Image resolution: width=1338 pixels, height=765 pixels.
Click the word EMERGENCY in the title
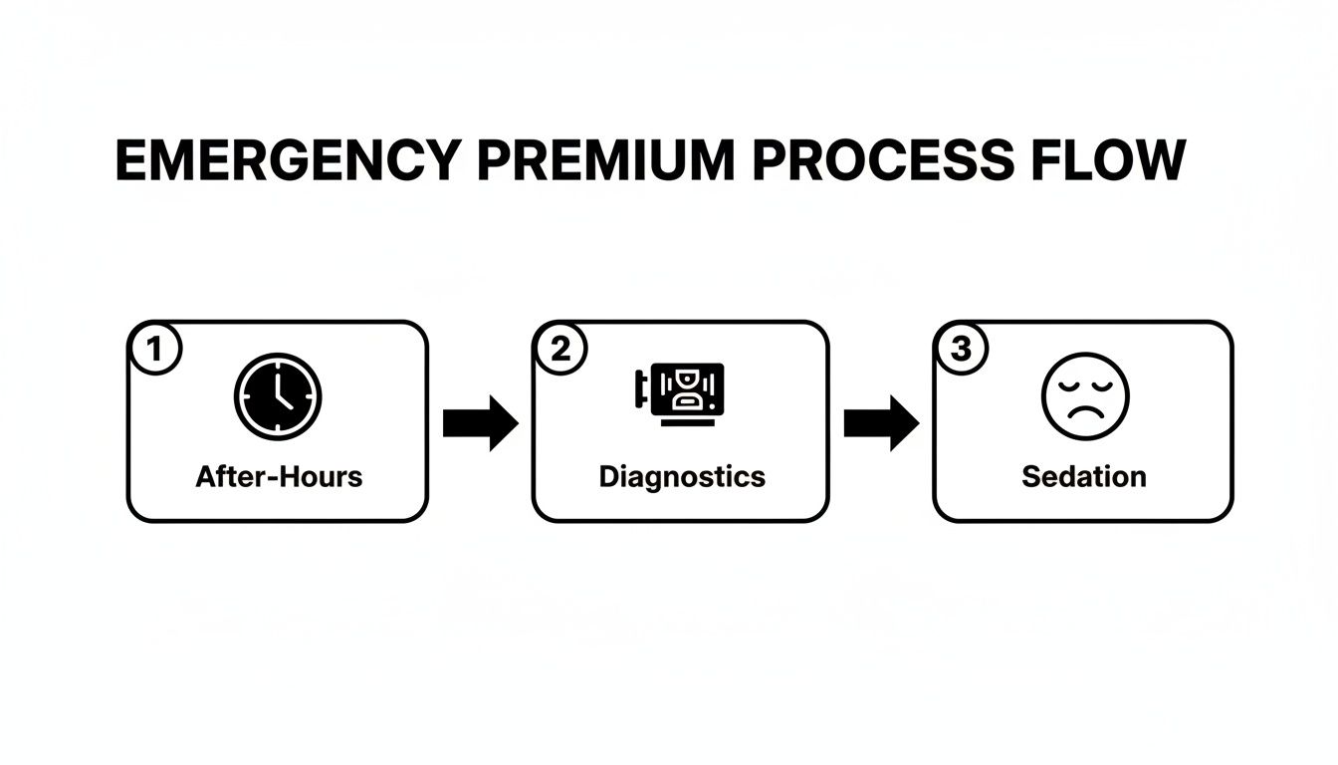pos(289,159)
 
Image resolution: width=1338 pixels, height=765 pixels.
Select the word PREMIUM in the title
pos(606,159)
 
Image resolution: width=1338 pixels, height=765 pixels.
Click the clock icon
pos(278,395)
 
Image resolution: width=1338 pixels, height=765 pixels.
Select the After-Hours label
pos(279,476)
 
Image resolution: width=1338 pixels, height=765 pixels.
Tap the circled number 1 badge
pos(154,349)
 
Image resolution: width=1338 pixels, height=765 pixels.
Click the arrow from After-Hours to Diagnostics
pos(481,423)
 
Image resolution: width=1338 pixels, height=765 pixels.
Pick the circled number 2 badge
pos(560,349)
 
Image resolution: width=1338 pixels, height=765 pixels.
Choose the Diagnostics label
pos(682,476)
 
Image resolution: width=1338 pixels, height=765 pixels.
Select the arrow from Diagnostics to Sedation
pos(881,423)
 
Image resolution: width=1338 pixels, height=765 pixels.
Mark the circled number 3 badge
pos(960,349)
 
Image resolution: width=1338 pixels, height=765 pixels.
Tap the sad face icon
pos(1085,395)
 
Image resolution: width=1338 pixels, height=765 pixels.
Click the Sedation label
pos(1084,476)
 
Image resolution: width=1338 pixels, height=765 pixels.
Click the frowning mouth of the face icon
pos(1085,413)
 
